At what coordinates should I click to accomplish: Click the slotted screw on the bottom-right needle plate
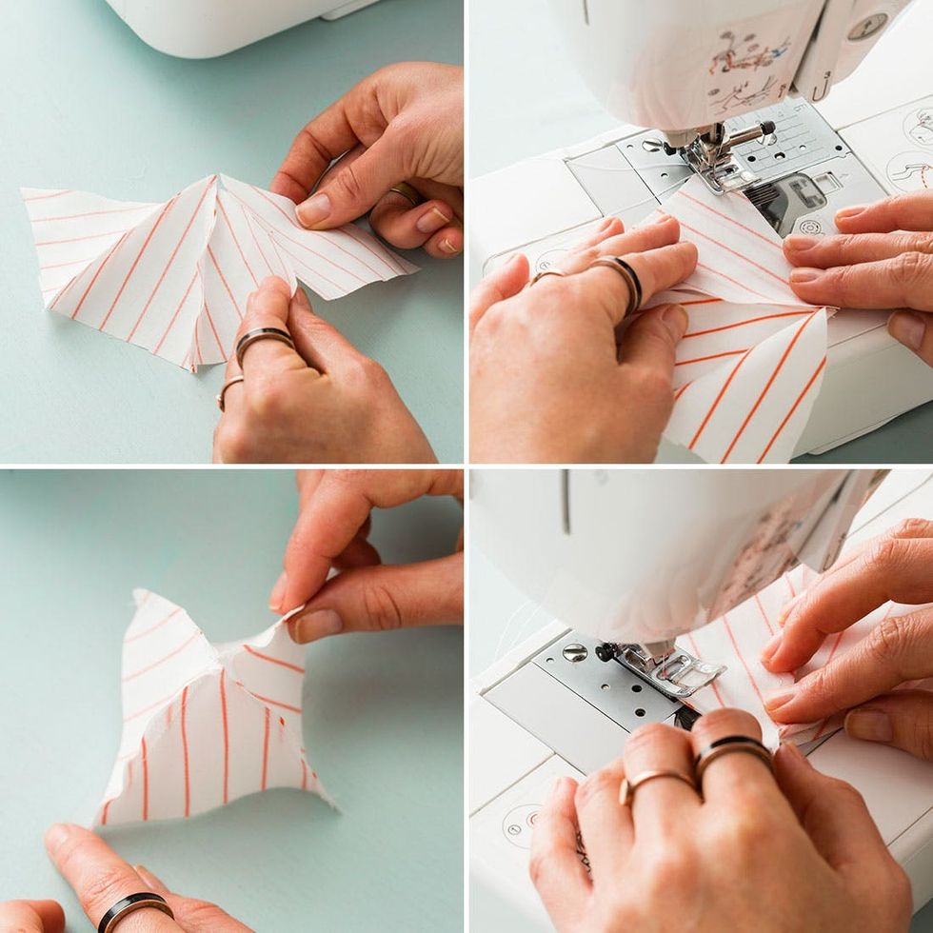point(574,653)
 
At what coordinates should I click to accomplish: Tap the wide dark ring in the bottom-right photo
point(732,752)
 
